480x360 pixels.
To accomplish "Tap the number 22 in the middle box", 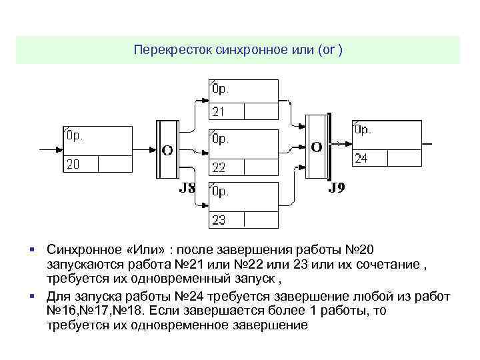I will point(219,166).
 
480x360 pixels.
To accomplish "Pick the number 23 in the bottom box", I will point(219,219).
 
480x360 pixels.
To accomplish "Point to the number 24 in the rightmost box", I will point(361,159).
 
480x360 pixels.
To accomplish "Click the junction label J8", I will point(187,189).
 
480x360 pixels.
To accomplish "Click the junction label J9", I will point(337,188).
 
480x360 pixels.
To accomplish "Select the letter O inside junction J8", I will point(167,150).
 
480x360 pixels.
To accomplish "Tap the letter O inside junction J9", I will point(316,146).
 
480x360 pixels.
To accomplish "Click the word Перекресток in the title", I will point(173,50).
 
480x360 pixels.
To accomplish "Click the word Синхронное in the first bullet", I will point(80,249).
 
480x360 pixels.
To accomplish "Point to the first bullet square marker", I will point(32,249).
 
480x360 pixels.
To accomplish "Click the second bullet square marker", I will point(32,295).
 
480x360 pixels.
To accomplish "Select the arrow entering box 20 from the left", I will point(51,147).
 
